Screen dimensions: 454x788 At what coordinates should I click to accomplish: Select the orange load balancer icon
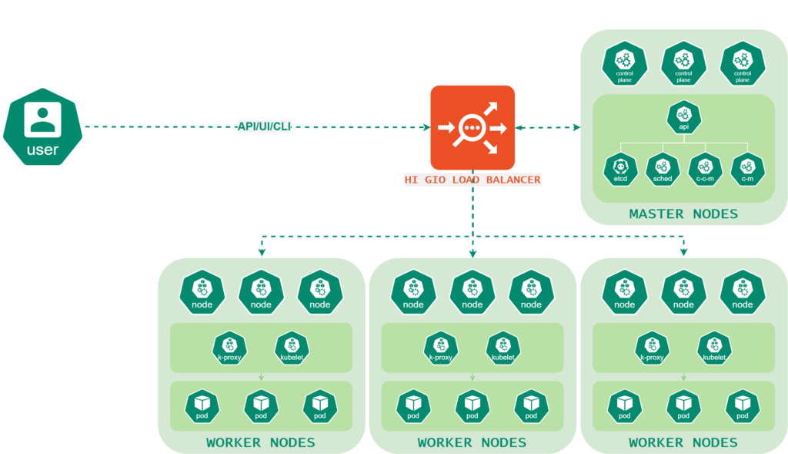[x=472, y=127]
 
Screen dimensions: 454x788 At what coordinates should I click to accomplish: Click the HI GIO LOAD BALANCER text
[x=472, y=180]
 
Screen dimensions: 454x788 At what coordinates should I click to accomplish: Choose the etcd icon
[x=620, y=169]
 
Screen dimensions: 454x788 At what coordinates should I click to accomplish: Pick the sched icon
[x=663, y=169]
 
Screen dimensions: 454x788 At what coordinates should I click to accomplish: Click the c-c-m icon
[x=705, y=169]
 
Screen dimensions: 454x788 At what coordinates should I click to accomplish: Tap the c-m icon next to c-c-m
[x=747, y=169]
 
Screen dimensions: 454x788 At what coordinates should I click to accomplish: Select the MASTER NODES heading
[x=683, y=214]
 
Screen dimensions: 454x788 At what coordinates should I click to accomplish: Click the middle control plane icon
[x=683, y=63]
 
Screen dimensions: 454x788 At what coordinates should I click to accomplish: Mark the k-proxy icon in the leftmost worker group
[x=229, y=348]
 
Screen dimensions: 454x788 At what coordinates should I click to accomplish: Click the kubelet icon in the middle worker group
[x=503, y=348]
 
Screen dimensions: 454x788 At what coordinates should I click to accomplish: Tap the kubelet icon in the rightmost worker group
[x=714, y=348]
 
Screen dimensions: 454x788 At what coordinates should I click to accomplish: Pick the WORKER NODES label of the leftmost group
[x=261, y=442]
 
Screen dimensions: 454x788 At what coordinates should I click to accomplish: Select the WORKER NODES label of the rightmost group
[x=683, y=442]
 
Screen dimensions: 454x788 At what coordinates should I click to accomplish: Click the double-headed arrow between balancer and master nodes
[x=548, y=127]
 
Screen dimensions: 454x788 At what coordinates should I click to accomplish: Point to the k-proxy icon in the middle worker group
[x=441, y=348]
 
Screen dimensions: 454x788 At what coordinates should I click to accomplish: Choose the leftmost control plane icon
[x=625, y=63]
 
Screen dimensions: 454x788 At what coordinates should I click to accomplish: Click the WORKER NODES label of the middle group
[x=472, y=442]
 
